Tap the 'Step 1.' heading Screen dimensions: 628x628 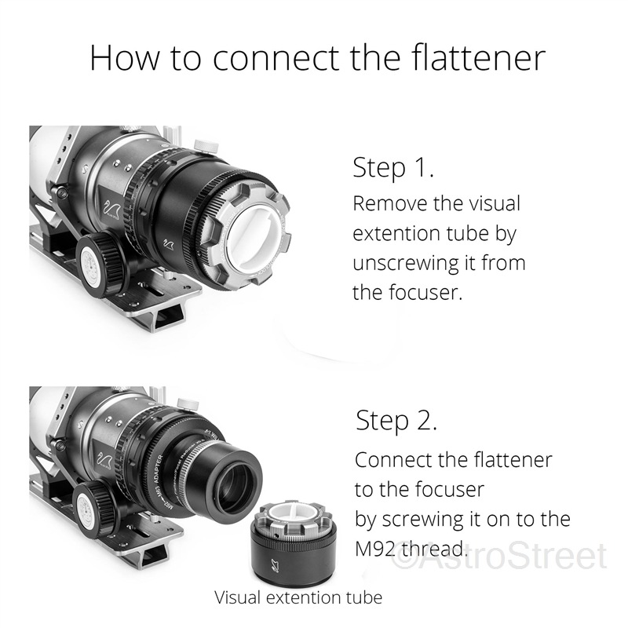click(393, 167)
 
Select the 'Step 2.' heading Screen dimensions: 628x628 click(396, 421)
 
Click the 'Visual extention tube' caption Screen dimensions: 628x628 click(298, 597)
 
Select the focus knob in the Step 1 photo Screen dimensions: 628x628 click(100, 265)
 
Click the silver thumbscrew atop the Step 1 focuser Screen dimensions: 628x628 click(206, 145)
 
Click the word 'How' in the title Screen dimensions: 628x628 click(124, 57)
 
